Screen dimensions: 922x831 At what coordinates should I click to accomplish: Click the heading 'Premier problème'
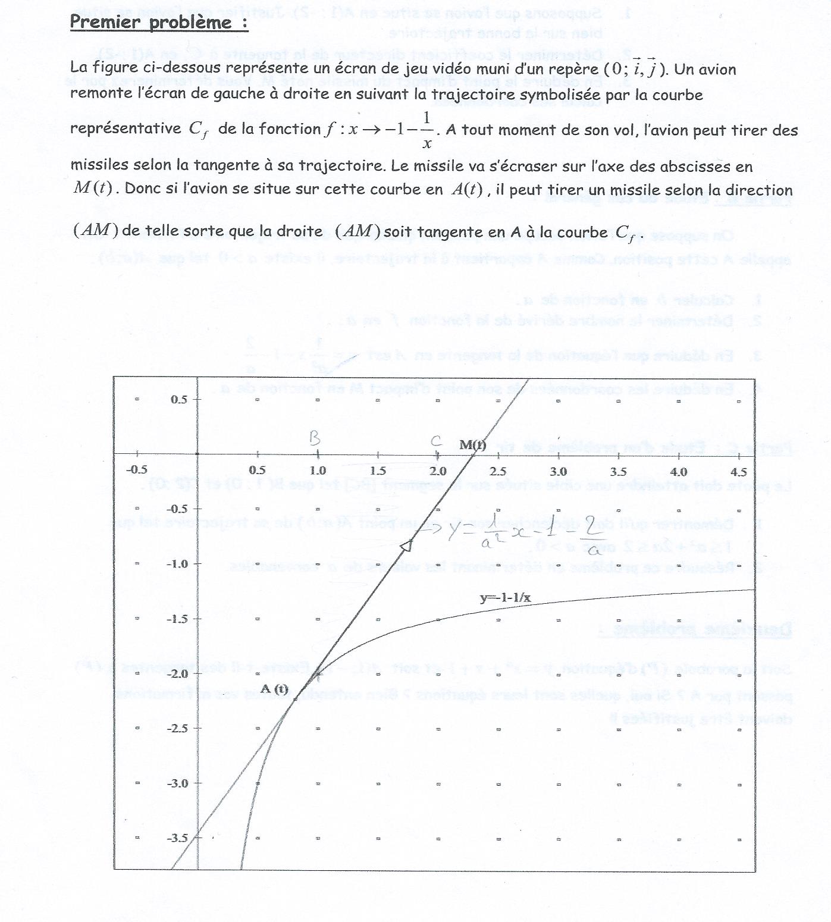coord(159,22)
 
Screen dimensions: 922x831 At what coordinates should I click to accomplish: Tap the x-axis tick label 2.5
coord(498,471)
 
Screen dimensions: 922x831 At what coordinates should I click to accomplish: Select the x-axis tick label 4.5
coord(738,472)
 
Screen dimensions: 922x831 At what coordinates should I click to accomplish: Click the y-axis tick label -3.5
coord(178,838)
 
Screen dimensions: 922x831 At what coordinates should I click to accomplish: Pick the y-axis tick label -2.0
coord(178,674)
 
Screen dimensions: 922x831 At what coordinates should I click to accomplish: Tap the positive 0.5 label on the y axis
coord(178,399)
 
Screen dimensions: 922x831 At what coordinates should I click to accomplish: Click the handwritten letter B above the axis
coord(315,438)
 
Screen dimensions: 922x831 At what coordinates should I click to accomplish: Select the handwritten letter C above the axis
coord(436,441)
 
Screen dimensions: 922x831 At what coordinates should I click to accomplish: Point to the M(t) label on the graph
coord(473,445)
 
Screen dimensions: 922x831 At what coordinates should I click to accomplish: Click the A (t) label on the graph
coord(274,689)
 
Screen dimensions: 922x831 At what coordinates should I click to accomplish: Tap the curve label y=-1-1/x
coord(506,598)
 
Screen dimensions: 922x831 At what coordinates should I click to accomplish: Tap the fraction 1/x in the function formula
coord(427,130)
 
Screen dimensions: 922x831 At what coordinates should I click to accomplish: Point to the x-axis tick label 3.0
coord(558,471)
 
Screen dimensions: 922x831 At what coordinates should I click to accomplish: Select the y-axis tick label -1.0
coord(178,564)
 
